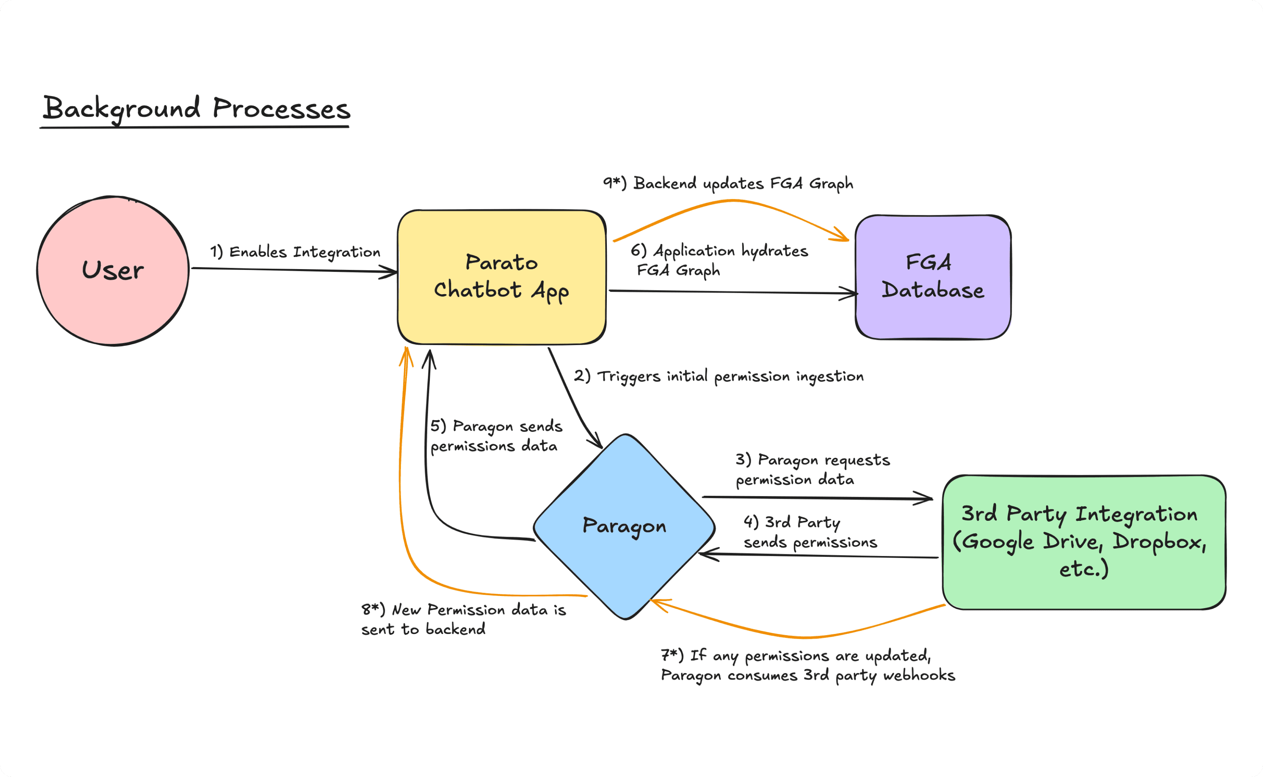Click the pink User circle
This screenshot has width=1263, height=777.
(113, 270)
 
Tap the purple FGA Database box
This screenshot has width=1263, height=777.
(933, 277)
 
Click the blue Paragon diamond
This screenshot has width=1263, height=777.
(624, 527)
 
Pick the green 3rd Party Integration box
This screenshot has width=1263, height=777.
(1084, 542)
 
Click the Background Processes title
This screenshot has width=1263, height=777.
(196, 109)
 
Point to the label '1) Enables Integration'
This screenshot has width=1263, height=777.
(295, 252)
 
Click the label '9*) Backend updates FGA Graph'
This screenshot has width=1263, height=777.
(728, 183)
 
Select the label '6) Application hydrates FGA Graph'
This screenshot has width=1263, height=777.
(719, 261)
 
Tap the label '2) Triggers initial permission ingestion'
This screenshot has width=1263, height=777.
(719, 377)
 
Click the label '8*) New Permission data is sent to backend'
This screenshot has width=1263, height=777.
(463, 619)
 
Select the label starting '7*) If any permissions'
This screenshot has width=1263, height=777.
(808, 665)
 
